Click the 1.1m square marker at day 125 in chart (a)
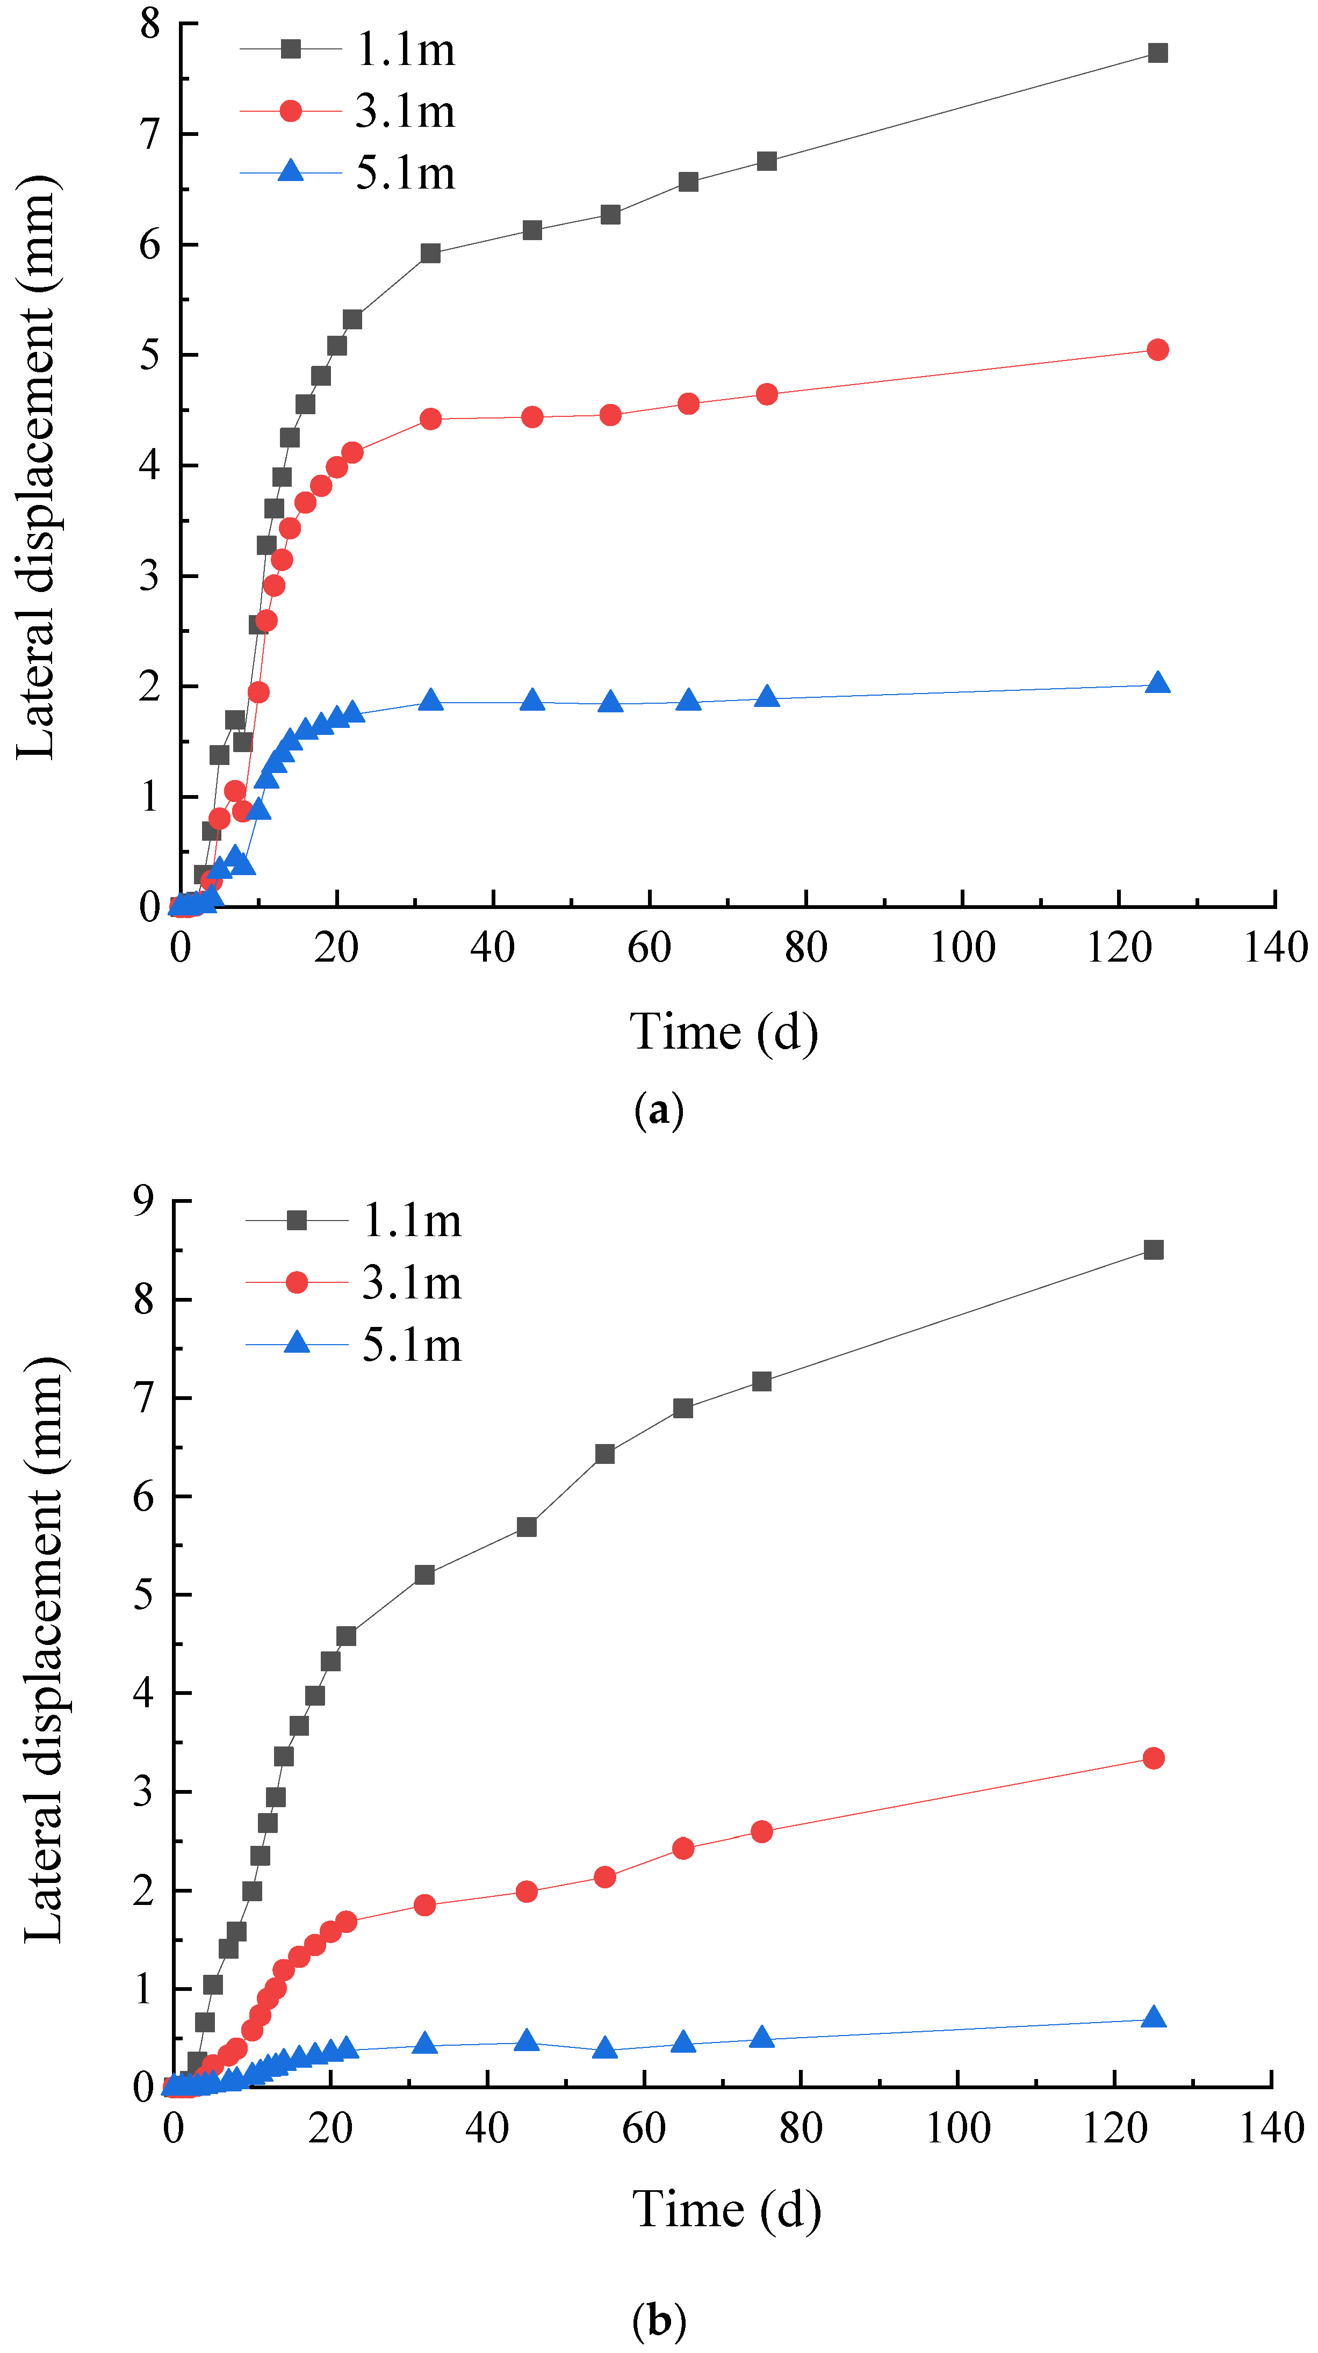tap(1157, 53)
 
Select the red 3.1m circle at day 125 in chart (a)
tap(1157, 350)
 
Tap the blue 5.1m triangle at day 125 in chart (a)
tap(1157, 683)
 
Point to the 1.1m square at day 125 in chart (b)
tap(1154, 1250)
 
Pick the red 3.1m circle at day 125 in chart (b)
tap(1154, 1758)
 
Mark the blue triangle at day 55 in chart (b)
tap(604, 2049)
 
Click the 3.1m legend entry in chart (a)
tap(405, 111)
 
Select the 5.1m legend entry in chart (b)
tap(411, 1346)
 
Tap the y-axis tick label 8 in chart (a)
tap(150, 24)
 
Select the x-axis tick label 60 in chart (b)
tap(644, 2129)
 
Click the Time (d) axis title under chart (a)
tap(723, 1032)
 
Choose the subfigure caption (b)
tap(659, 2320)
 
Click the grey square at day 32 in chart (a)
tap(430, 253)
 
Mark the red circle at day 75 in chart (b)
tap(762, 1831)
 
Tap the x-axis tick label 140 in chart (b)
tap(1271, 2129)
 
